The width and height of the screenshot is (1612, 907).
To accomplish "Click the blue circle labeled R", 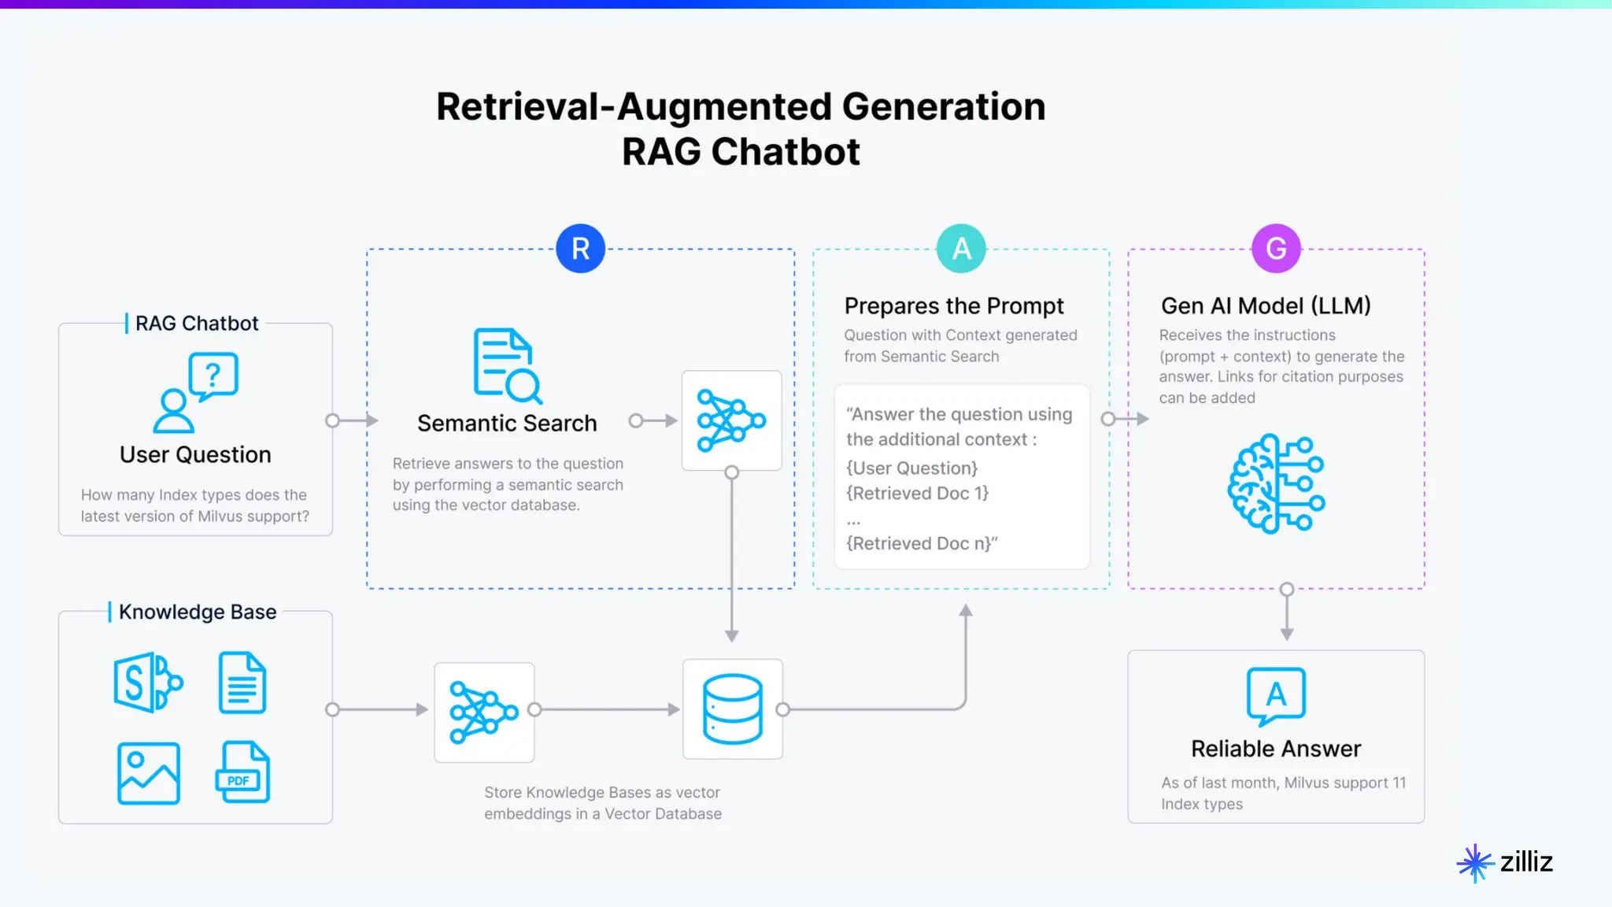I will (580, 249).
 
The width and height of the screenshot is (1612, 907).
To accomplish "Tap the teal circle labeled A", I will (961, 249).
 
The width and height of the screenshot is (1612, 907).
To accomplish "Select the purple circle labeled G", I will (1276, 249).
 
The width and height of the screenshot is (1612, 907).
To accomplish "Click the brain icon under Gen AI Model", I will (1276, 483).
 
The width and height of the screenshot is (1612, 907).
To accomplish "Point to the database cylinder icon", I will (733, 709).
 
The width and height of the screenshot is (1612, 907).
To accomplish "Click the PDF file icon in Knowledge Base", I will (242, 772).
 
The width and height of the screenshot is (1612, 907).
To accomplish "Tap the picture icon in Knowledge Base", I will (149, 773).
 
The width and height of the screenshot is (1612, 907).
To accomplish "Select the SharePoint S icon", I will (147, 683).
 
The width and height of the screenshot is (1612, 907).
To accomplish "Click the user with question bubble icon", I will (196, 393).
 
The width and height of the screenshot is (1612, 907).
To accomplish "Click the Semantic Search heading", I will (507, 424).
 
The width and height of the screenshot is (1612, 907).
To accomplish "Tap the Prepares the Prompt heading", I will (954, 305).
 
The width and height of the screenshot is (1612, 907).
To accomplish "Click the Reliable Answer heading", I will (1276, 749).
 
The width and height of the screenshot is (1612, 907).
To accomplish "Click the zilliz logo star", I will (1475, 863).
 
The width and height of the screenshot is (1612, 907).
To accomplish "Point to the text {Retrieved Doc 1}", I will (917, 494).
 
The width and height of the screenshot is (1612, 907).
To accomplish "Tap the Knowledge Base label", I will (198, 612).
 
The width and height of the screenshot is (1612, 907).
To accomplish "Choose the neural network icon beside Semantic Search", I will (731, 420).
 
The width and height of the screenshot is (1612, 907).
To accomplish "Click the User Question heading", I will (195, 455).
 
